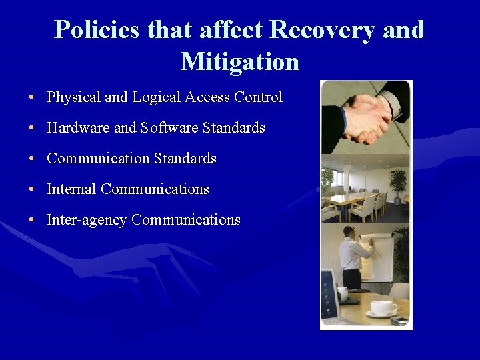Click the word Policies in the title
(97, 30)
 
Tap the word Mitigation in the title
(240, 62)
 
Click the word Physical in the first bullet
(73, 97)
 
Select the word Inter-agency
(87, 220)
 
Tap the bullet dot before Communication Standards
(32, 159)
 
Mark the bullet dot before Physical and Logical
(32, 98)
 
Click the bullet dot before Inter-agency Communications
(32, 221)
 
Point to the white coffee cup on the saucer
(383, 307)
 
